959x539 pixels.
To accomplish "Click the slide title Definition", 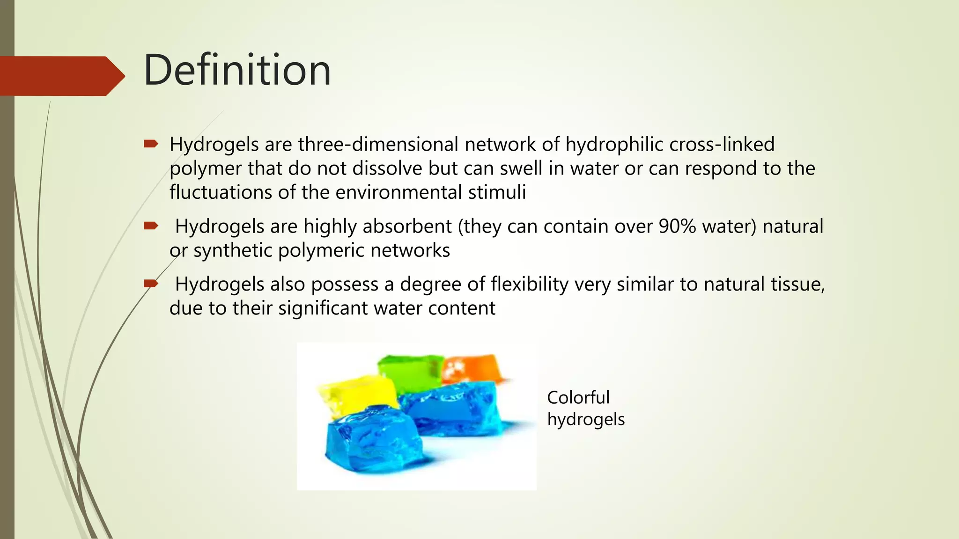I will pyautogui.click(x=237, y=70).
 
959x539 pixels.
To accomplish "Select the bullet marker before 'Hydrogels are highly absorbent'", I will pyautogui.click(x=151, y=226).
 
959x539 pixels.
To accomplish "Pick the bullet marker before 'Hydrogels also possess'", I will pyautogui.click(x=151, y=284).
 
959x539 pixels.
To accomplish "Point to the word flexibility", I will pyautogui.click(x=529, y=284).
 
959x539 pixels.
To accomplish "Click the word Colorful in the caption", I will pyautogui.click(x=578, y=398).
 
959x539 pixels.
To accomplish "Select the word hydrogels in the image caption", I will pyautogui.click(x=585, y=419).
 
